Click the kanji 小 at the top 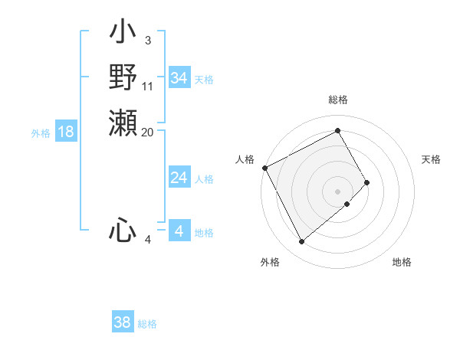point(123,34)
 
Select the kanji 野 point(123,78)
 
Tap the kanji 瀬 point(123,123)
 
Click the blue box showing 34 point(179,78)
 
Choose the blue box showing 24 point(179,178)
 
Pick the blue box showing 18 point(66,132)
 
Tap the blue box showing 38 point(123,322)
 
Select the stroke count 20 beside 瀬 point(148,132)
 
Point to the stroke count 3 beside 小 point(147,40)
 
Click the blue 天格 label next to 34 point(204,79)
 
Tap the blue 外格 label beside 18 point(41,133)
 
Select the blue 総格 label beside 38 point(147,324)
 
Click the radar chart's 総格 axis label point(338,100)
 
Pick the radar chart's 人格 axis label point(245,159)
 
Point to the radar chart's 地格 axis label point(402,262)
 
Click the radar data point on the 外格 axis point(301,242)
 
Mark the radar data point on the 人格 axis point(264,167)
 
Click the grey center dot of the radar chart point(338,191)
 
